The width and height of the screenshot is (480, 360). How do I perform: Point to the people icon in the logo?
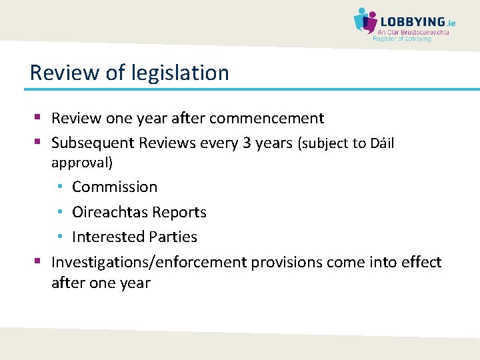[364, 21]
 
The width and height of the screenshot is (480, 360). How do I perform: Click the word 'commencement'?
[267, 119]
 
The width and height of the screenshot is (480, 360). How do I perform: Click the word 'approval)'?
[82, 162]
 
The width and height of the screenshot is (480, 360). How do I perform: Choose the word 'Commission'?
[115, 187]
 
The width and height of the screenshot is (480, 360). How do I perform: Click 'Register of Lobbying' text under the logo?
[401, 39]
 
